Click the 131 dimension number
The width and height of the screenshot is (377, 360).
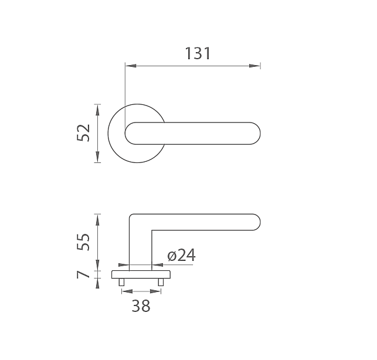198,53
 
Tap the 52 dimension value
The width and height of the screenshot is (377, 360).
83,133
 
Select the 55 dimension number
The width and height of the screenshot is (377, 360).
83,242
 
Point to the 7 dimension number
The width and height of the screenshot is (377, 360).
83,274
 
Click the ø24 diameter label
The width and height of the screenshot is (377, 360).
182,255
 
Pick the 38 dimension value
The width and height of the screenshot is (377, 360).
141,306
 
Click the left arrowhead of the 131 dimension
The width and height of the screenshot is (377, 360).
131,66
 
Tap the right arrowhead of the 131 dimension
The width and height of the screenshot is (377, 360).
254,66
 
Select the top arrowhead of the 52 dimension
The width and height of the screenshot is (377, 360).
97,110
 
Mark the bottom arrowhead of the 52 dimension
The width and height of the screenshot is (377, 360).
97,157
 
